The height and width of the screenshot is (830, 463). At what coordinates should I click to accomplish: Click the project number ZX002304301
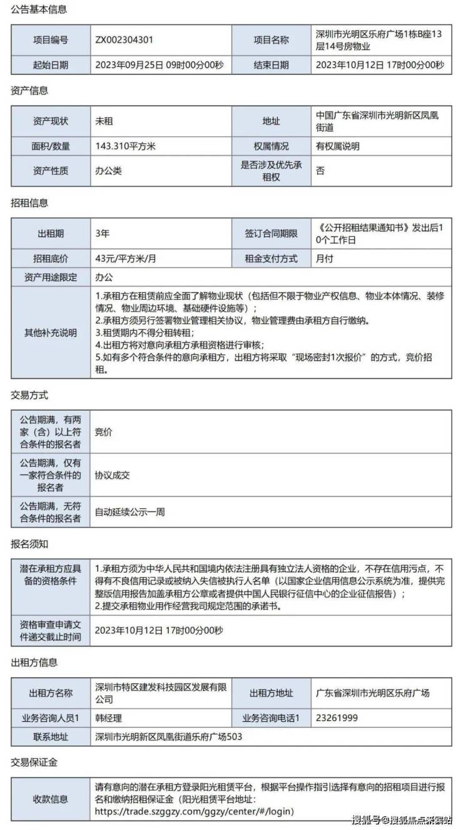point(124,39)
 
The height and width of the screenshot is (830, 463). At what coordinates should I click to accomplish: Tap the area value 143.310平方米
point(125,146)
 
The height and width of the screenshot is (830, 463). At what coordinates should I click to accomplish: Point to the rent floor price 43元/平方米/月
point(125,259)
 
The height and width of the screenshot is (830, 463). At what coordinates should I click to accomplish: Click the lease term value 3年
point(102,234)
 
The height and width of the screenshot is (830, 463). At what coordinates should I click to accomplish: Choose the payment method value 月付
point(325,259)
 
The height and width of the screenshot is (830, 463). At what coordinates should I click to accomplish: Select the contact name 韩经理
point(108,718)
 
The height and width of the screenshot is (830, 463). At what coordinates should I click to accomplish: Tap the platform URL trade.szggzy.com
point(194,811)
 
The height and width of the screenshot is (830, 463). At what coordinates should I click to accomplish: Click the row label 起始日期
point(51,64)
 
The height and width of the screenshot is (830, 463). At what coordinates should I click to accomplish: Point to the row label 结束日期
point(271,64)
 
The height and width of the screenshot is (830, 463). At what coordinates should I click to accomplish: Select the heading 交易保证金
point(34,762)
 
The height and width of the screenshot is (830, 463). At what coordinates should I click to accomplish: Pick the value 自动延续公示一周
point(130,512)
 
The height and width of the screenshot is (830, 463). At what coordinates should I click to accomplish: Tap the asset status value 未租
point(104,121)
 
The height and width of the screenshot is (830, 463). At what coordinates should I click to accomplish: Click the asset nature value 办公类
point(108,170)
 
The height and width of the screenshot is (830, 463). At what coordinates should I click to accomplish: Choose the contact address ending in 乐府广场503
point(168,737)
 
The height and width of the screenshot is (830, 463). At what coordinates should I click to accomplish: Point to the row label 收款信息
point(51,799)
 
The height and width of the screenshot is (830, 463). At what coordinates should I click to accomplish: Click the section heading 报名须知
point(29,544)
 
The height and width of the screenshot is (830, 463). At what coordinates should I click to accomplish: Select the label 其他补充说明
point(51,332)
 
